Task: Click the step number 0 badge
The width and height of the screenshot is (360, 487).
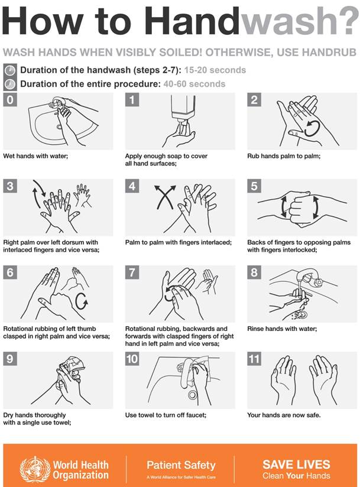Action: coord(10,100)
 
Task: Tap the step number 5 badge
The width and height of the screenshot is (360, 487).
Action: coord(254,187)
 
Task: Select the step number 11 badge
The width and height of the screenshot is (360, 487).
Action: coord(256,359)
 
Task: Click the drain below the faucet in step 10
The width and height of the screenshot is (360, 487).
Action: coord(192,395)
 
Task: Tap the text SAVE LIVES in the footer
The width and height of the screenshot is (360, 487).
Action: coord(296,464)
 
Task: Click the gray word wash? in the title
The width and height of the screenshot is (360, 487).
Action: coord(299,22)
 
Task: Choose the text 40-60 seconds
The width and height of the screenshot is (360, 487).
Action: coord(193,84)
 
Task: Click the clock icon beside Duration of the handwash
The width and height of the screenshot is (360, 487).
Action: coord(10,70)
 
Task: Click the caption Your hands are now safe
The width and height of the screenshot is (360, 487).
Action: coord(284,415)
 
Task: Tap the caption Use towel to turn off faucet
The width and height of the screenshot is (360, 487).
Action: coord(166,415)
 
